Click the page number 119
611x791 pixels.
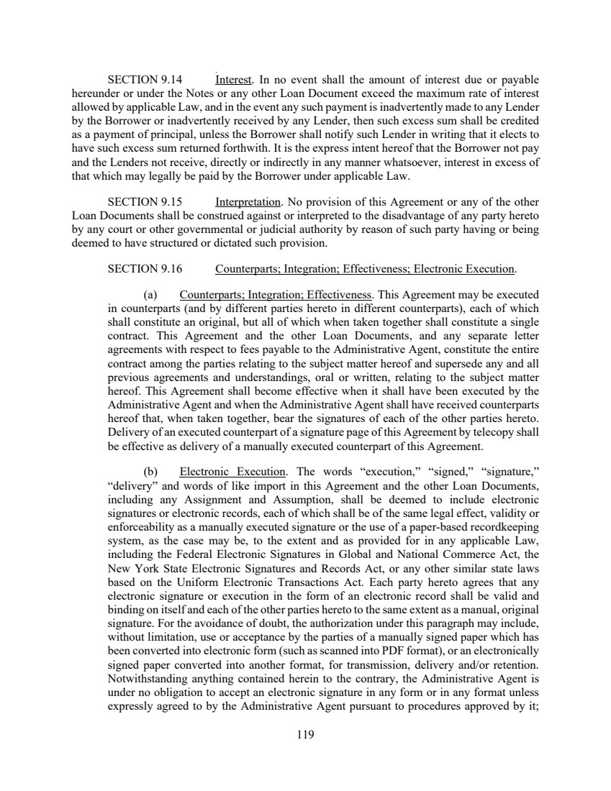pyautogui.click(x=305, y=735)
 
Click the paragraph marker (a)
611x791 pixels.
pyautogui.click(x=150, y=295)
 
